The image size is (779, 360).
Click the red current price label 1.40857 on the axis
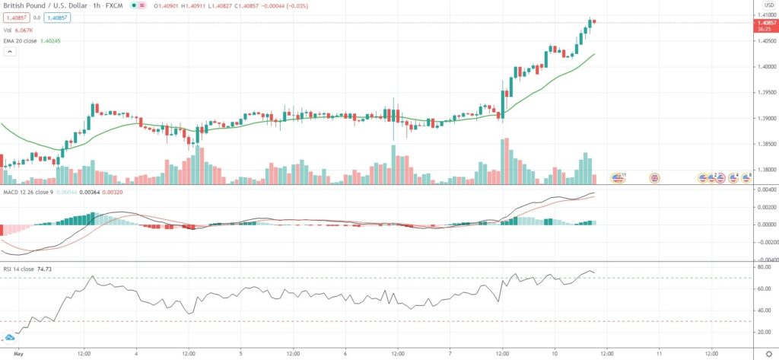(764, 24)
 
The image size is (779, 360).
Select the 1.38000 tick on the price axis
(764, 170)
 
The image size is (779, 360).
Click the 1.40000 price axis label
(764, 67)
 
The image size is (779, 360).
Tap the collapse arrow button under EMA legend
(11, 52)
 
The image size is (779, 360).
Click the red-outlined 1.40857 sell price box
(15, 18)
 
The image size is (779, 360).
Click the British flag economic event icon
(653, 178)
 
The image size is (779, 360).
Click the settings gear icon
(768, 354)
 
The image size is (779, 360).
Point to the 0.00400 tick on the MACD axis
(764, 189)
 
